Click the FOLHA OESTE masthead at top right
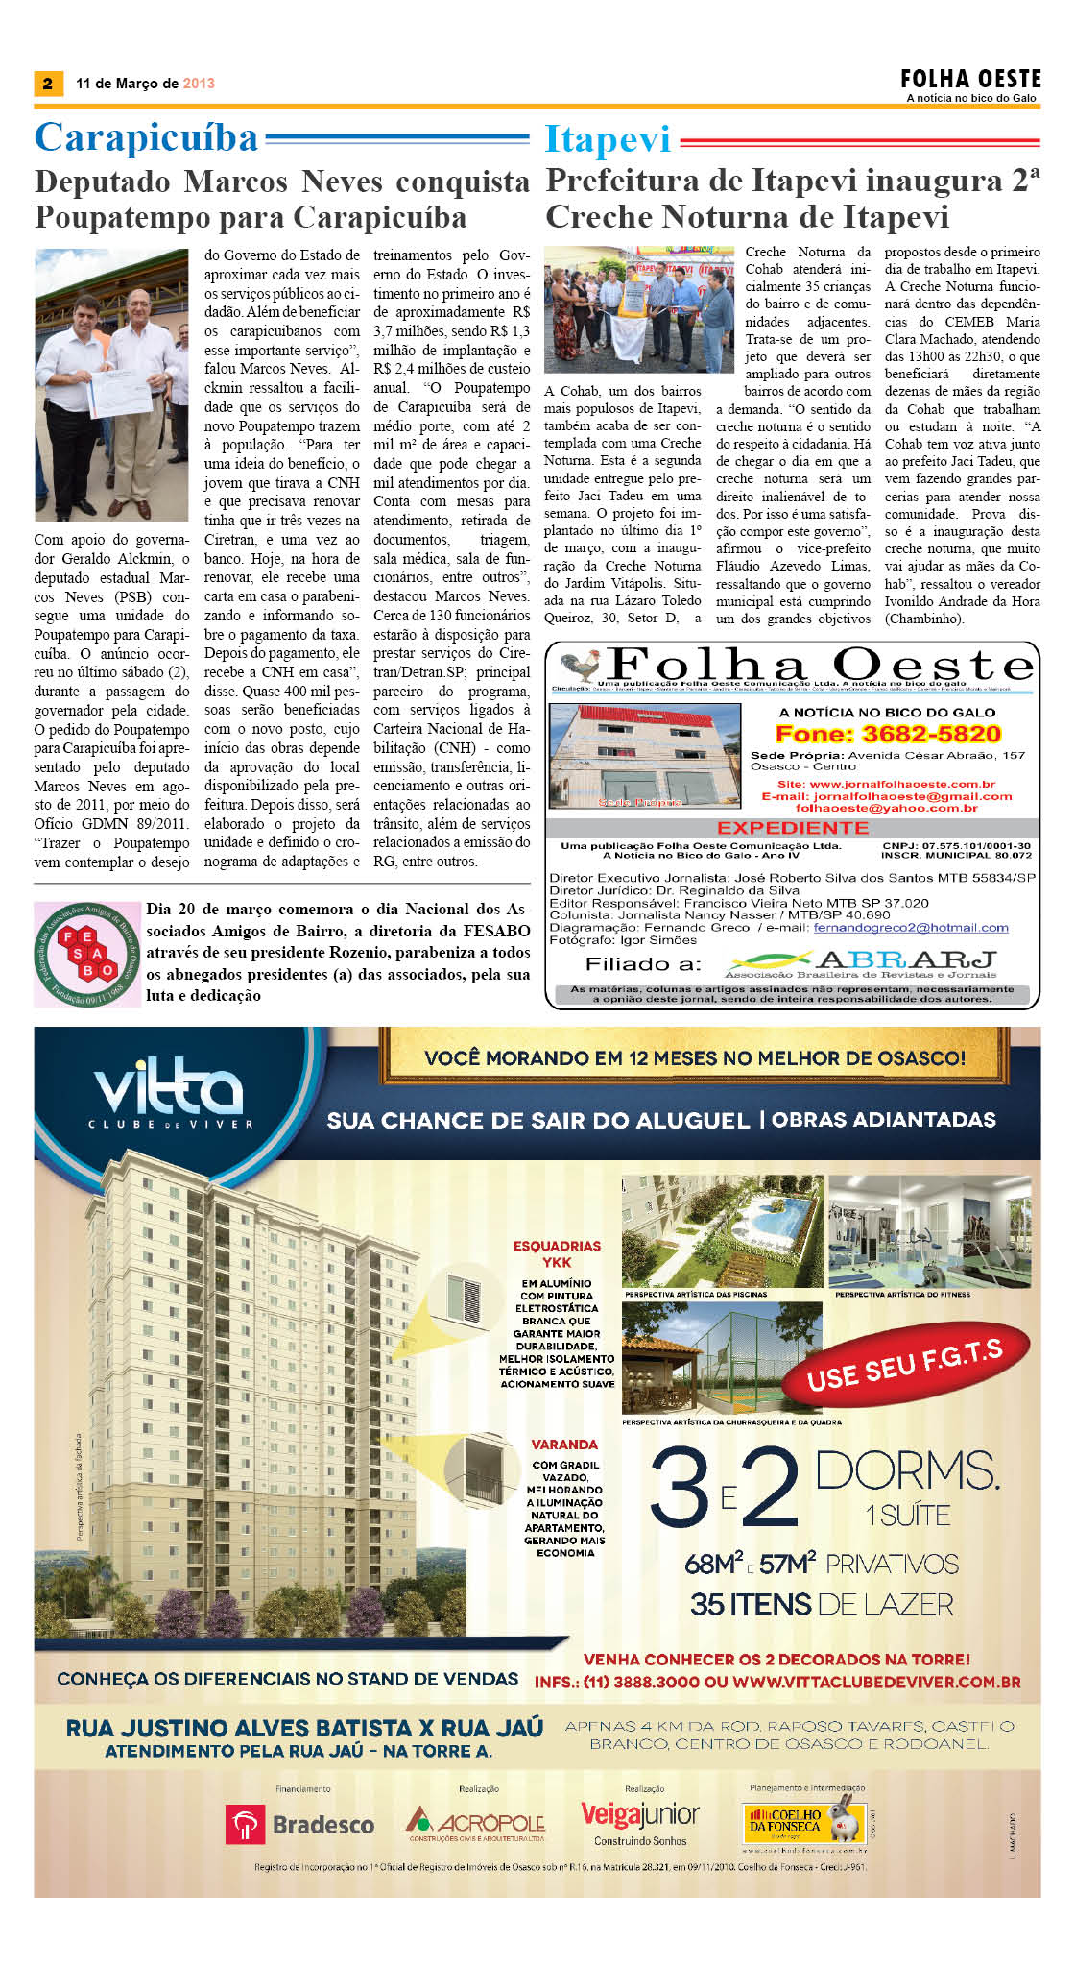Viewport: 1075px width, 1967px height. click(x=970, y=80)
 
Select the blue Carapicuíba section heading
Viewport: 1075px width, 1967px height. click(x=147, y=138)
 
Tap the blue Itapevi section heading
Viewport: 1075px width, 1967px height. click(x=608, y=139)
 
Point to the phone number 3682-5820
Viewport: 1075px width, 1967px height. click(x=888, y=734)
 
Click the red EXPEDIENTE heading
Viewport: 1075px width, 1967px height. click(x=792, y=828)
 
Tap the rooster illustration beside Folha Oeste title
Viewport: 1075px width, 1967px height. click(x=581, y=666)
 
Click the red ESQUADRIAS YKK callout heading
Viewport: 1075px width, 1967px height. click(x=557, y=1253)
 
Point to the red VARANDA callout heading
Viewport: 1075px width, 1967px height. click(x=564, y=1444)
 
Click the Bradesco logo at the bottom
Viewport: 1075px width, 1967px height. click(x=299, y=1824)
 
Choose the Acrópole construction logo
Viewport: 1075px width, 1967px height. click(x=475, y=1822)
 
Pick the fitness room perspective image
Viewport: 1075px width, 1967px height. click(x=929, y=1231)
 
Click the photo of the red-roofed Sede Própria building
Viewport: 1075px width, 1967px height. click(x=644, y=756)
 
